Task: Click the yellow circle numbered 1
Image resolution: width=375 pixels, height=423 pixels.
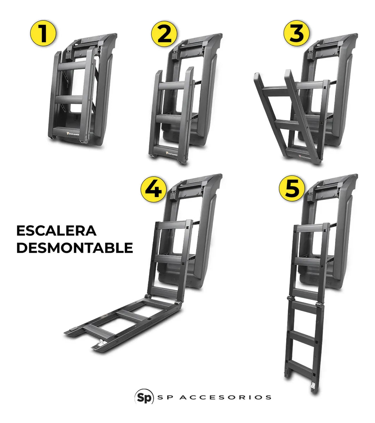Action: pos(43,34)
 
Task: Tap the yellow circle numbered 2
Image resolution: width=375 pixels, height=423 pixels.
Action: pos(164,34)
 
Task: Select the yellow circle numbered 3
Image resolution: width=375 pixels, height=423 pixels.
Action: pos(296,34)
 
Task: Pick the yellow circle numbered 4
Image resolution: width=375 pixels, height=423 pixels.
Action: pos(153,189)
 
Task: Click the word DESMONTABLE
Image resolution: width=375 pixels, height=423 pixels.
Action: pos(74,248)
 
